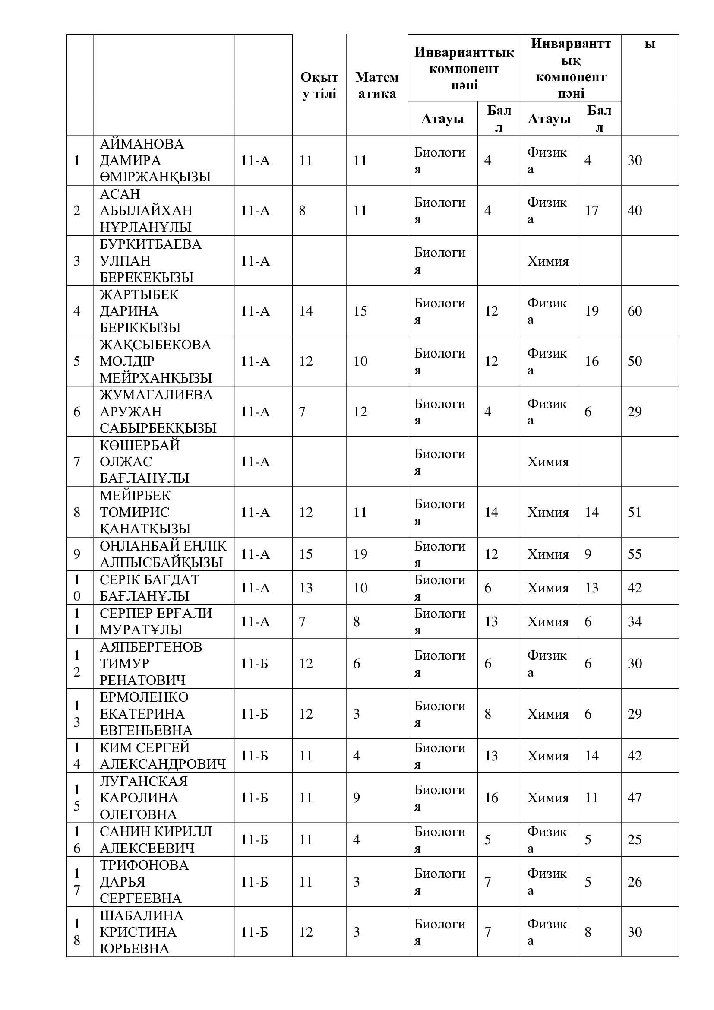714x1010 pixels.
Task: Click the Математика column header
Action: tap(377, 85)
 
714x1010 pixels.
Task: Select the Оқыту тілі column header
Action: tap(319, 85)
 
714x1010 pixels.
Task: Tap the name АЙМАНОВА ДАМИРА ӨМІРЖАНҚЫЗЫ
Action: tap(155, 160)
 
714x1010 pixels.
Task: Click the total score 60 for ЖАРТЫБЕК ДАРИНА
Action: tap(635, 311)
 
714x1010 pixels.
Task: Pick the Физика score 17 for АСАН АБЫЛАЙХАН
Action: tap(591, 210)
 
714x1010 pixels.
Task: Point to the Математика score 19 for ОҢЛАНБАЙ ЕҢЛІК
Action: tap(360, 554)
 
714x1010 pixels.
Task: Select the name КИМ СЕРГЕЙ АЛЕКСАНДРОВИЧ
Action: tap(163, 755)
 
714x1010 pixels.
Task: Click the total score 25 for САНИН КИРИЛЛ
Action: tap(635, 839)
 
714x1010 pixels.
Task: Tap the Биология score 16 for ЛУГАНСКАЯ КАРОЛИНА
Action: tap(491, 798)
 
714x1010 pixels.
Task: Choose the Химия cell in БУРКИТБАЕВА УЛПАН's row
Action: tap(548, 261)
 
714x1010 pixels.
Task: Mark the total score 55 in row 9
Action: tap(635, 554)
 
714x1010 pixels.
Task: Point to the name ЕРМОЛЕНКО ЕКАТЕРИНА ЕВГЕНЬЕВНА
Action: tap(146, 713)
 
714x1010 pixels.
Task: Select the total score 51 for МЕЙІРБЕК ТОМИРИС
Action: tap(635, 512)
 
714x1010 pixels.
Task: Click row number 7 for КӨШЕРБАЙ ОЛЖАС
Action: tap(77, 462)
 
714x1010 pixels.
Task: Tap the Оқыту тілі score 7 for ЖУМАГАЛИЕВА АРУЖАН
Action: tap(302, 412)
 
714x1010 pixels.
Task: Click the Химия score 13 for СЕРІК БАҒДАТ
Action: tap(591, 588)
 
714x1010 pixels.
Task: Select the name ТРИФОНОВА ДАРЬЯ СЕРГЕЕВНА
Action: tap(144, 882)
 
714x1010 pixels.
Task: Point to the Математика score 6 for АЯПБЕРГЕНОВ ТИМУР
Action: tap(357, 663)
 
